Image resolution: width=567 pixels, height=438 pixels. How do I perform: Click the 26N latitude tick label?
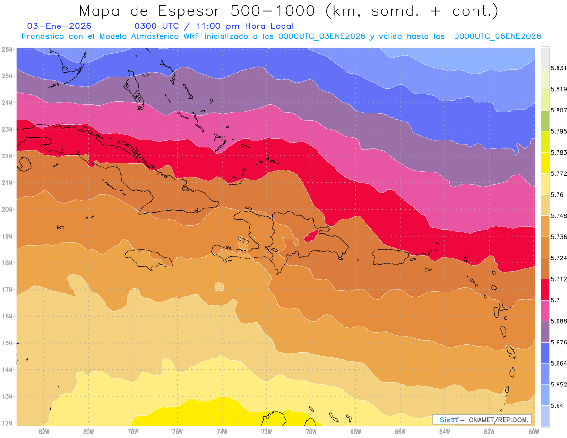pyautogui.click(x=7, y=49)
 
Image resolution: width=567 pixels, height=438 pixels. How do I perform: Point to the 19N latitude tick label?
pyautogui.click(x=7, y=236)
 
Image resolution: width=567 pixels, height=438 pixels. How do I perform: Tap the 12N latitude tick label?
pyautogui.click(x=7, y=423)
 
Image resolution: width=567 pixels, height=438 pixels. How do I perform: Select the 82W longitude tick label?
pyautogui.click(x=44, y=431)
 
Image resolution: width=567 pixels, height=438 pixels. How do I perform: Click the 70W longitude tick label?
pyautogui.click(x=311, y=431)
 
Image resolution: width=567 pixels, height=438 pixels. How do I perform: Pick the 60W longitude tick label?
pyautogui.click(x=534, y=431)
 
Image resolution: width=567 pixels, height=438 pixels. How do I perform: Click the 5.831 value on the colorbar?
pyautogui.click(x=558, y=68)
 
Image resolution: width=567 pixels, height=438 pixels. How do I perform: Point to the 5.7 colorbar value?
pyautogui.click(x=555, y=300)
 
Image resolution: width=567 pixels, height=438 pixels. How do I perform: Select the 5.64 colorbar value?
pyautogui.click(x=557, y=405)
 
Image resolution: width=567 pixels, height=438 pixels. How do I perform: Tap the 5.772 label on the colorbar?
pyautogui.click(x=558, y=174)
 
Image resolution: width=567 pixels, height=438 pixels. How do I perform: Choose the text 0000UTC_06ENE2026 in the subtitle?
pyautogui.click(x=497, y=36)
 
